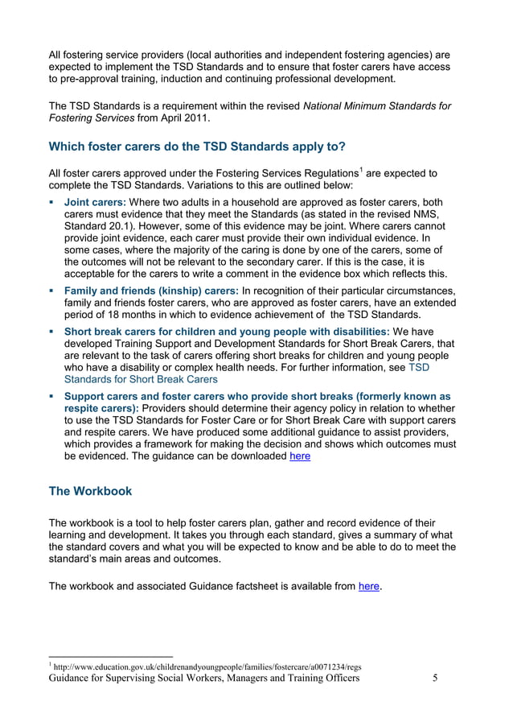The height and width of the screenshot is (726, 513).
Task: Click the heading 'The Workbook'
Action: [91, 491]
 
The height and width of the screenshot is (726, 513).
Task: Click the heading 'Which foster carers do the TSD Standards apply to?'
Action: [197, 146]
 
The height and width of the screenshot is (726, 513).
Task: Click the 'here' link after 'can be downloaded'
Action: [299, 456]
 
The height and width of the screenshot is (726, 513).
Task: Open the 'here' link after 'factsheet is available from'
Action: [369, 587]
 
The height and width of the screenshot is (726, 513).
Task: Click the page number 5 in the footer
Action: [435, 679]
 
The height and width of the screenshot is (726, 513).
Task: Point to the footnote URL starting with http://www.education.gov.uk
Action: [205, 666]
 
